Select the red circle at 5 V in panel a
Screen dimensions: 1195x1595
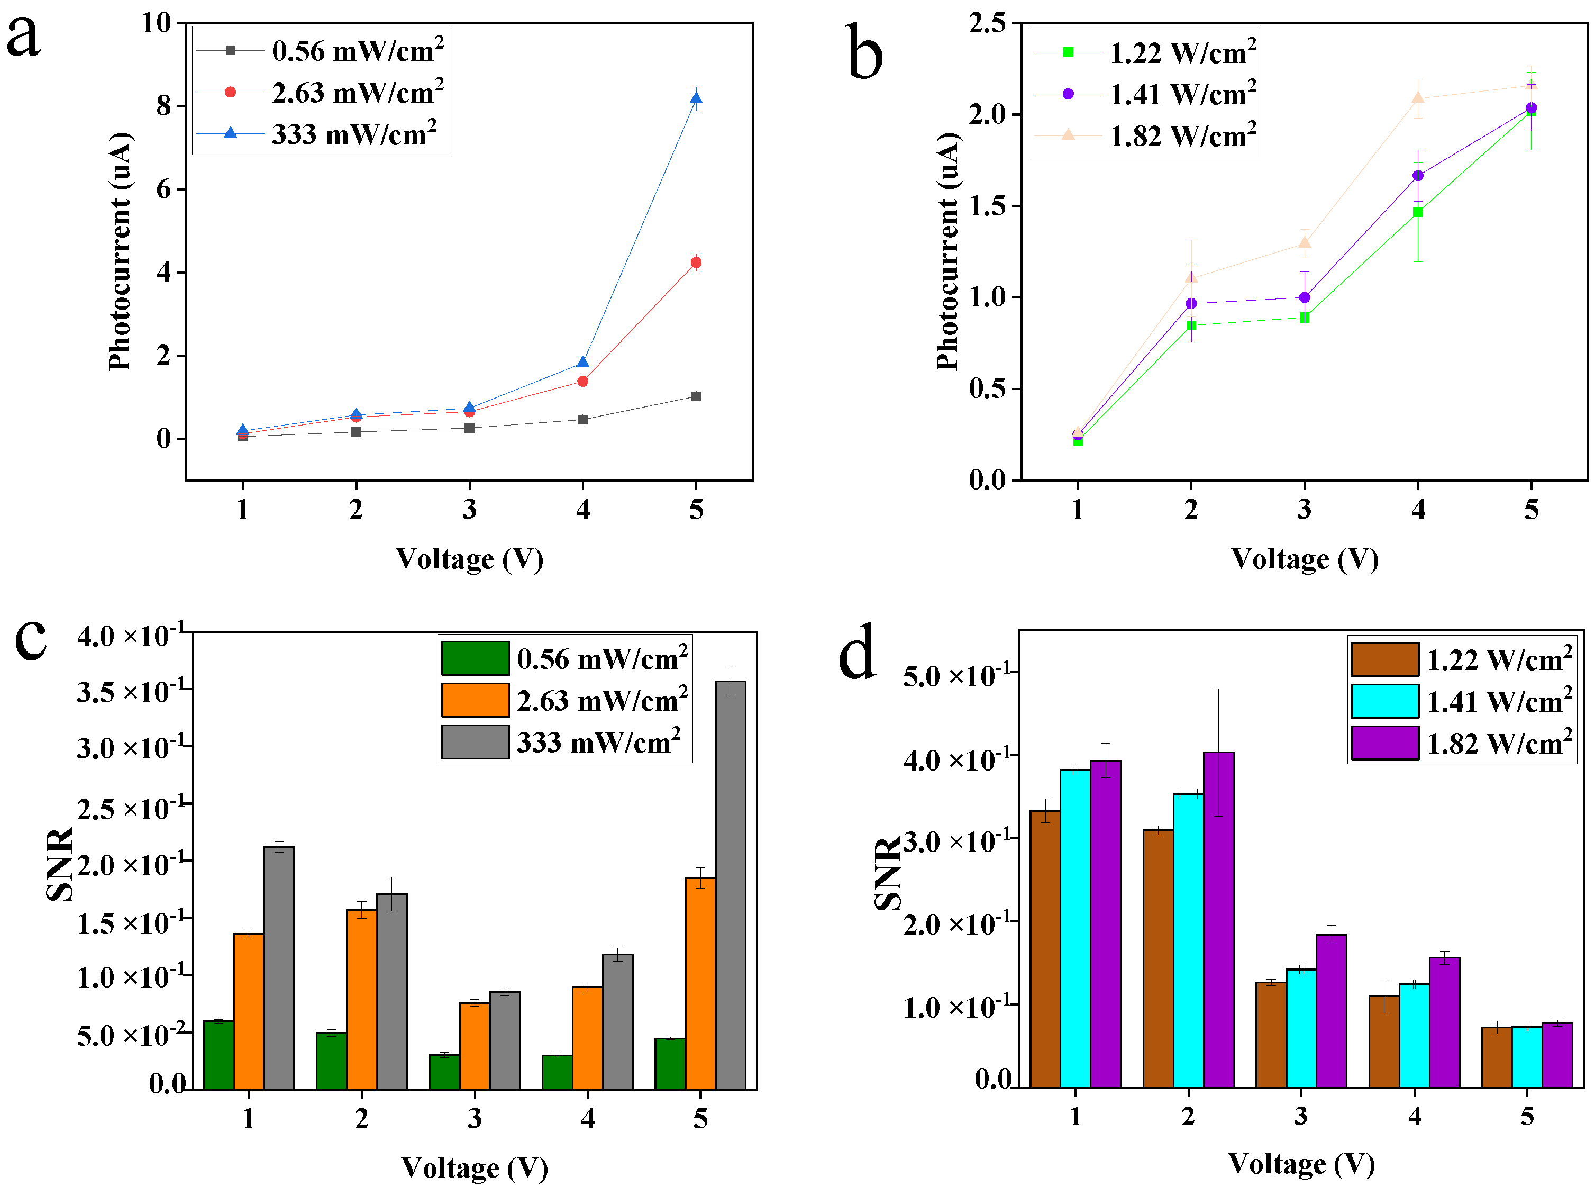696,262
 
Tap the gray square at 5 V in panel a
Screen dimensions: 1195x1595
696,396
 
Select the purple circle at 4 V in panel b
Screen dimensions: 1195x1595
1418,175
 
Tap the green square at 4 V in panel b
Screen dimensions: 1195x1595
1418,212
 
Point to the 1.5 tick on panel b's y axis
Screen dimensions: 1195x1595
987,206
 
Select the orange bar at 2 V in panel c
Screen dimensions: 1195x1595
361,999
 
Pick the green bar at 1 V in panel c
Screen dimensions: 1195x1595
218,1054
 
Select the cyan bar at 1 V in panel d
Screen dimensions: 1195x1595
1074,928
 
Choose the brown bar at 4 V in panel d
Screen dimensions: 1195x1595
1384,1042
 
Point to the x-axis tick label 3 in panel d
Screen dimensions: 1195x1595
1301,1116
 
